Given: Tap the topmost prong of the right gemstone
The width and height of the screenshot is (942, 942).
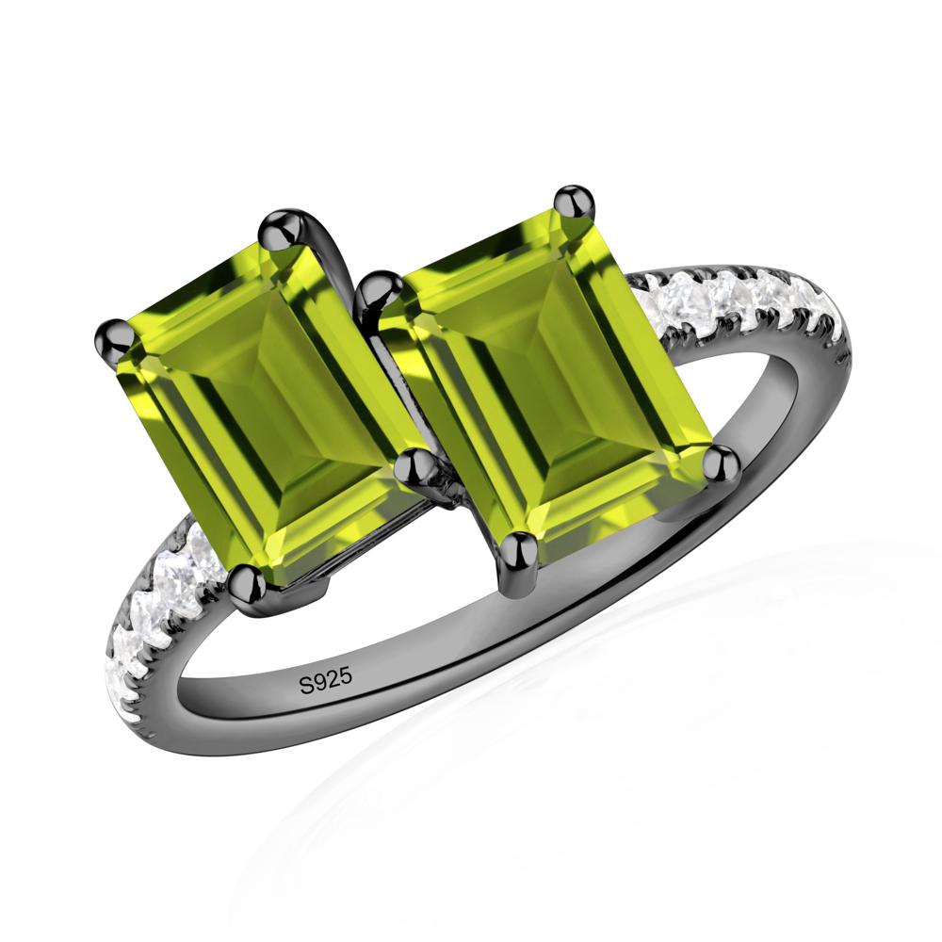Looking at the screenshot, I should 574,203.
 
